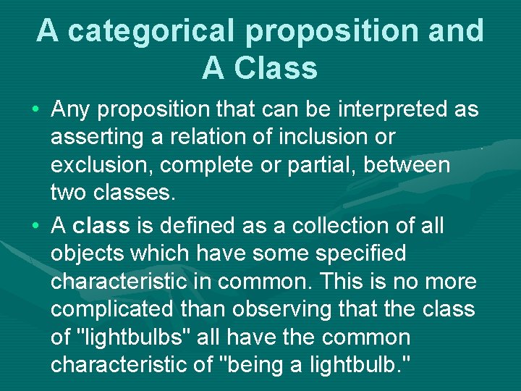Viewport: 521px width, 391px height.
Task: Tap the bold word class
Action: point(101,226)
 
